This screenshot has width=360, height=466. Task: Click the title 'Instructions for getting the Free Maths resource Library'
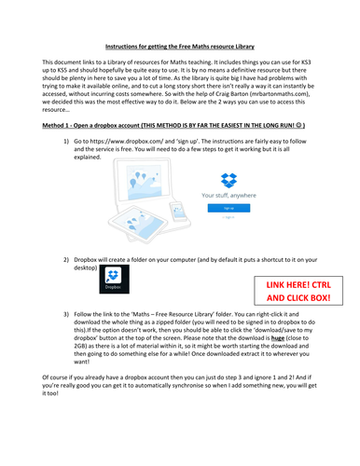[x=180, y=45]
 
